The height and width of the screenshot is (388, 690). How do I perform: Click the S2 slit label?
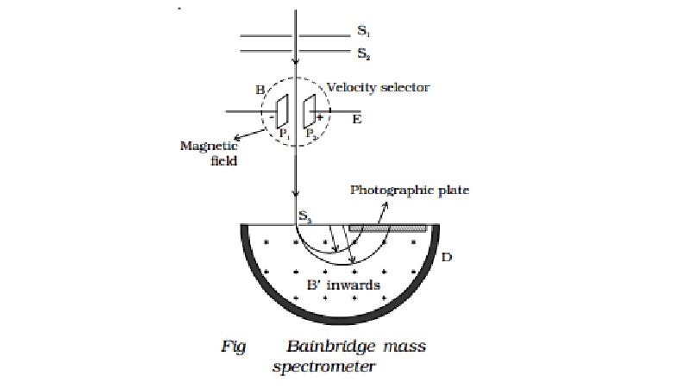click(362, 53)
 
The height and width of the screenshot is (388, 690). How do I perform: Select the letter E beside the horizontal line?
click(356, 120)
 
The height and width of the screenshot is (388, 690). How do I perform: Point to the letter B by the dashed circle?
click(260, 89)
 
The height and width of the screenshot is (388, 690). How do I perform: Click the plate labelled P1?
click(282, 112)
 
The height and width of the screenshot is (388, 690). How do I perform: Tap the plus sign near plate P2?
click(320, 116)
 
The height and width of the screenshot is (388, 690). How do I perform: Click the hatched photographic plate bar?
click(387, 228)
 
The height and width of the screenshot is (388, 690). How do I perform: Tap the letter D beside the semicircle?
click(446, 258)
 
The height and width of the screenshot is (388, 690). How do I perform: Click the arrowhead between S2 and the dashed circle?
click(296, 62)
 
